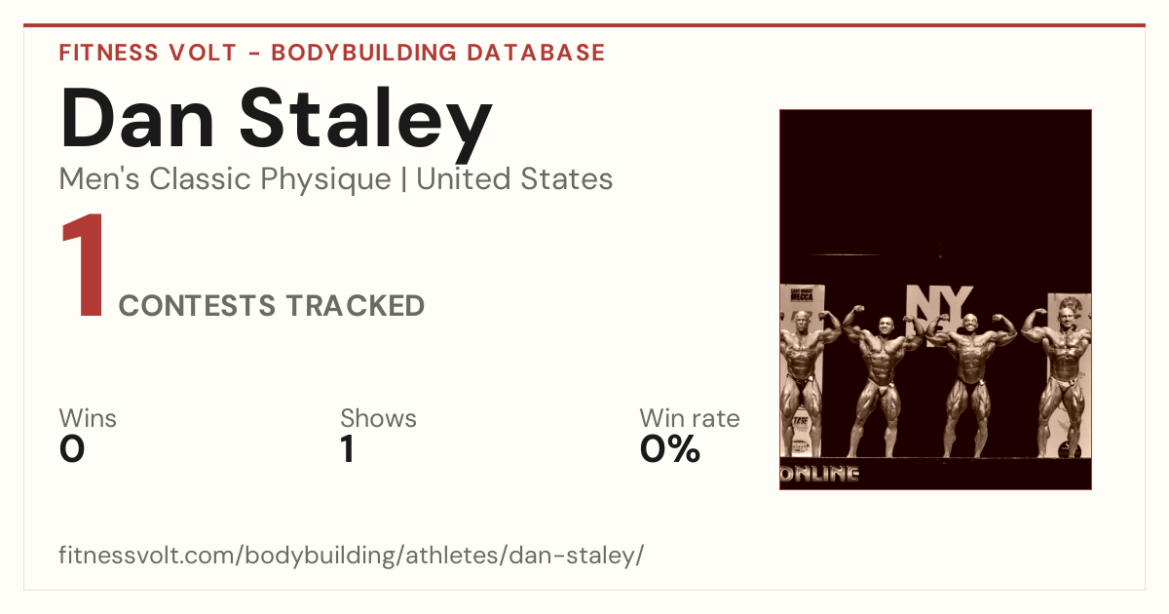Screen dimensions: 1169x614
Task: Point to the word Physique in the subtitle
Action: (325, 179)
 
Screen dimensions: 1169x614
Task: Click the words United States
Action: (514, 178)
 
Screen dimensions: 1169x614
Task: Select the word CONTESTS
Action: (197, 306)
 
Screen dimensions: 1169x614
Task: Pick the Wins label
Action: (88, 418)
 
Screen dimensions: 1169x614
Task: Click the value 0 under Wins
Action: (72, 449)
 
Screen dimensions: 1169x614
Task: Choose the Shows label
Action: (378, 418)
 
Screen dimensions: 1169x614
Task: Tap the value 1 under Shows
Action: (348, 449)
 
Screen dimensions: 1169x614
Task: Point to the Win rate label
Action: (690, 418)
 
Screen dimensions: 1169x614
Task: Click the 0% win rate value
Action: (670, 449)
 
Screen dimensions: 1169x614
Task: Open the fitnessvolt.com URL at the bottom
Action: (352, 555)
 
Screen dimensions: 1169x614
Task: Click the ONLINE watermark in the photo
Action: (820, 474)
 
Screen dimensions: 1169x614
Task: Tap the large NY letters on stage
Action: (940, 304)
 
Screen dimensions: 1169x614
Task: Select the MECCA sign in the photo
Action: (802, 295)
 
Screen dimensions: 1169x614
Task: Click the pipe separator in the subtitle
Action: (403, 179)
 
